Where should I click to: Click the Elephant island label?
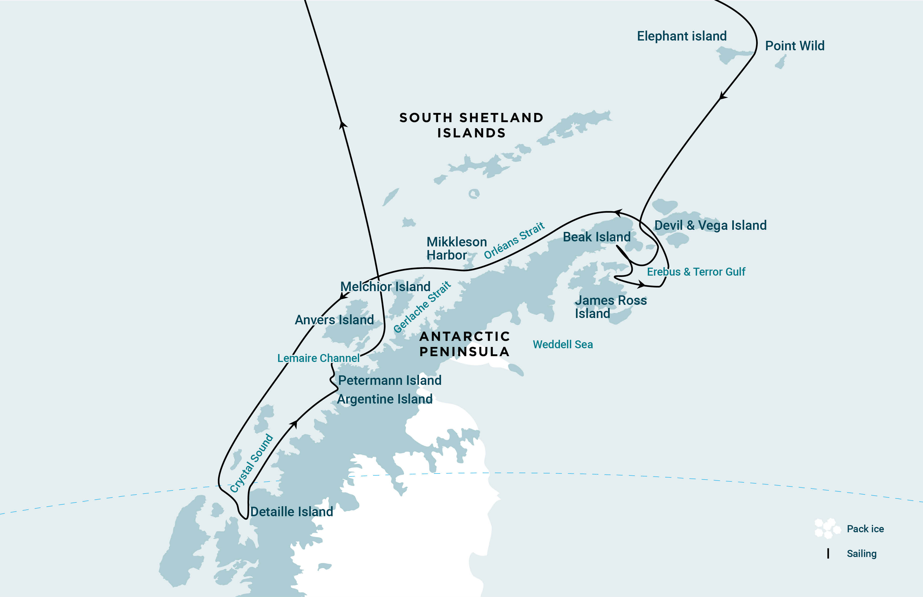tap(682, 36)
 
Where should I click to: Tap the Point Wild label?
tap(794, 46)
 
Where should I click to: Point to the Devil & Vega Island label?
tap(710, 225)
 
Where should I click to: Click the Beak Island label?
tap(596, 237)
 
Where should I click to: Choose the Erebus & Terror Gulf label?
tap(696, 272)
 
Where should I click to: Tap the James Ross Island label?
tap(610, 307)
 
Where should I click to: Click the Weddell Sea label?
tap(563, 344)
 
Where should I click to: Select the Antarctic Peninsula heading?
tap(465, 344)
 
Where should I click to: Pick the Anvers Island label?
tap(334, 320)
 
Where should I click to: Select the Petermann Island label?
tap(389, 380)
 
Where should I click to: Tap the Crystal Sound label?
tap(251, 463)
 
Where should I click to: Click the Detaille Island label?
tap(291, 512)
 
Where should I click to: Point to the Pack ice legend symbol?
tap(827, 528)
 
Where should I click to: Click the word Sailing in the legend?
tap(861, 554)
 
